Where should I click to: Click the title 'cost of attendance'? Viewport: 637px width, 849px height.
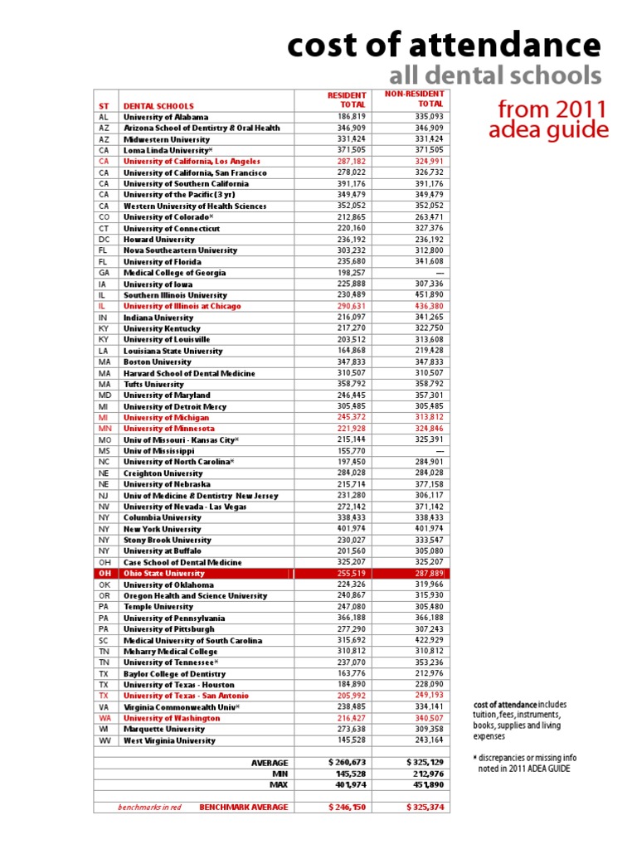pyautogui.click(x=444, y=45)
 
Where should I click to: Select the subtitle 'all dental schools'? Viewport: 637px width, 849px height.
pyautogui.click(x=495, y=76)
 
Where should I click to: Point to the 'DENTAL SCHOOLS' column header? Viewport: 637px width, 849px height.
pyautogui.click(x=158, y=106)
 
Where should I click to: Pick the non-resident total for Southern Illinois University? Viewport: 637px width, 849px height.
pyautogui.click(x=429, y=294)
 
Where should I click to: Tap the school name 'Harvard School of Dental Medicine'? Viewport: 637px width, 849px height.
pyautogui.click(x=189, y=373)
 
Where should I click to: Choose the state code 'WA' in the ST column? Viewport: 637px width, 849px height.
pyautogui.click(x=105, y=718)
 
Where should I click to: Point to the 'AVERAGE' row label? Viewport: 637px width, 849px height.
pyautogui.click(x=269, y=762)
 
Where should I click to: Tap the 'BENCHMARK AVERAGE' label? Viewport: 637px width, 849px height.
pyautogui.click(x=244, y=806)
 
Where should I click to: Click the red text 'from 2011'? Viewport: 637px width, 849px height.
pyautogui.click(x=552, y=109)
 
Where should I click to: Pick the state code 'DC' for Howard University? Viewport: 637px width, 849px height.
pyautogui.click(x=104, y=239)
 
